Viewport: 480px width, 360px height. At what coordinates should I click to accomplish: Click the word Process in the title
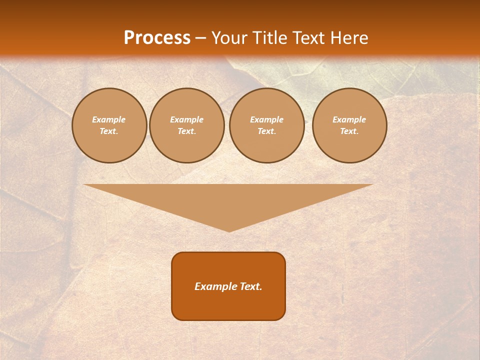tap(157, 38)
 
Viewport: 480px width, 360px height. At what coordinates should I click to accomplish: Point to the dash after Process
tap(201, 38)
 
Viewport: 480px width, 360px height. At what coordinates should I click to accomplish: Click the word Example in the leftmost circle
tap(109, 119)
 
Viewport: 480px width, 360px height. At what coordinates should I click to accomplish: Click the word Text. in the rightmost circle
tap(349, 131)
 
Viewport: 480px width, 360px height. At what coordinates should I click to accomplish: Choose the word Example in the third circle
tap(267, 119)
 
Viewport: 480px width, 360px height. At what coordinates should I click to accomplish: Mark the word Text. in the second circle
tap(187, 131)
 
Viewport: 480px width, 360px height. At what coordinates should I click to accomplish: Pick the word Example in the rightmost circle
tap(349, 119)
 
